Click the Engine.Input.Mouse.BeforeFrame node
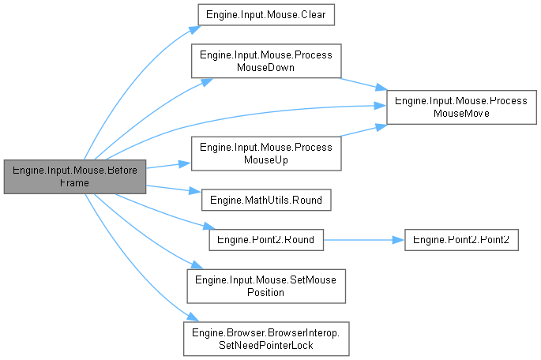pyautogui.click(x=73, y=176)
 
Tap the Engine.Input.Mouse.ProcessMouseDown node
pyautogui.click(x=265, y=61)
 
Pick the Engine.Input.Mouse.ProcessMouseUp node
pyautogui.click(x=265, y=154)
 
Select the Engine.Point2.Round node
pyautogui.click(x=265, y=240)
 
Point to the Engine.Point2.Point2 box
pyautogui.click(x=461, y=240)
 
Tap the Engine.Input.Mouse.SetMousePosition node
pyautogui.click(x=265, y=285)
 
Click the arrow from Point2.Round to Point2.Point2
pyautogui.click(x=363, y=240)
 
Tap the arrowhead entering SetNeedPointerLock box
pyautogui.click(x=189, y=318)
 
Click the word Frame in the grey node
pyautogui.click(x=74, y=182)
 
